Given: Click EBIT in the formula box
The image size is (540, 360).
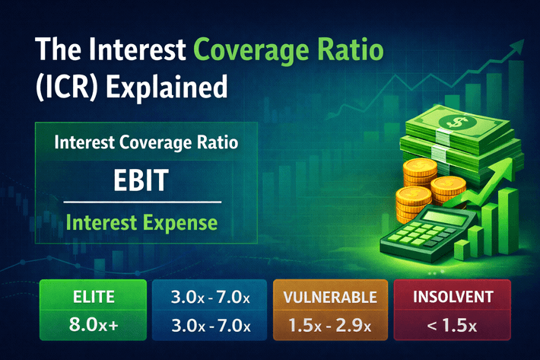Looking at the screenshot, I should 141,183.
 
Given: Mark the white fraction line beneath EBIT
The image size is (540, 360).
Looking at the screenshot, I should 141,202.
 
